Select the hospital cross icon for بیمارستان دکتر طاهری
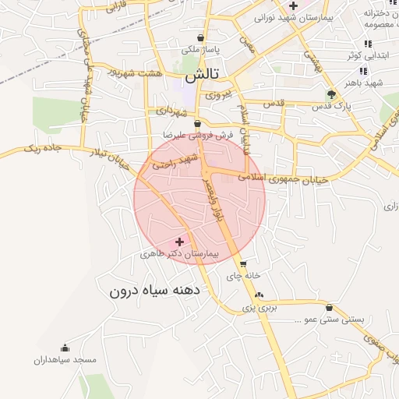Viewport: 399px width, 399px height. click(180, 242)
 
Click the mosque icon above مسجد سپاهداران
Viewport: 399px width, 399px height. click(64, 348)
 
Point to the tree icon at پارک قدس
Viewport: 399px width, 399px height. click(332, 94)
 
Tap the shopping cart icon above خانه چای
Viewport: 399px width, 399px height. click(243, 263)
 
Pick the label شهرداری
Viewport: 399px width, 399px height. click(172, 111)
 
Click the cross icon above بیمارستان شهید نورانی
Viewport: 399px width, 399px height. click(292, 5)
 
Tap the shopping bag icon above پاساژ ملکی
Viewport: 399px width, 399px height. click(201, 37)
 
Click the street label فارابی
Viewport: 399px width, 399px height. click(116, 9)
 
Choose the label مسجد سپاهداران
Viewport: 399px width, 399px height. click(64, 360)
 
